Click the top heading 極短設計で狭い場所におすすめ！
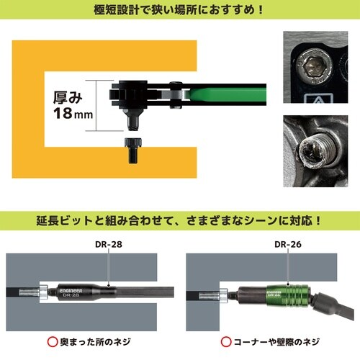pyautogui.click(x=179, y=12)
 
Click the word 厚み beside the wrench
pyautogui.click(x=70, y=95)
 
